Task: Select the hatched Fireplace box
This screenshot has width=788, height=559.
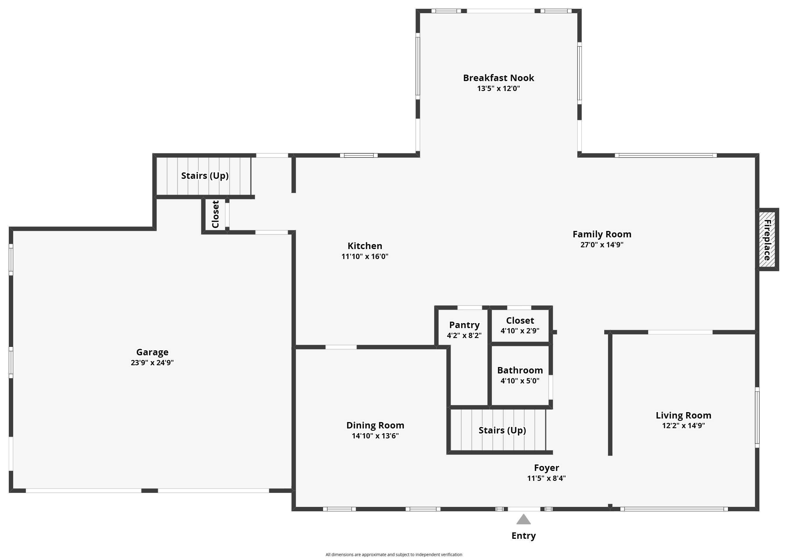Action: click(x=768, y=240)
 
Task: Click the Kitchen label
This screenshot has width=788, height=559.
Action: click(x=365, y=246)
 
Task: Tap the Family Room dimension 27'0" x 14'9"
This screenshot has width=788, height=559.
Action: click(x=602, y=245)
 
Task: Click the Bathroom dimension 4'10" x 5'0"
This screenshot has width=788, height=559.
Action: click(x=520, y=381)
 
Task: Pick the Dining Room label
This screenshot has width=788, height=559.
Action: click(x=375, y=426)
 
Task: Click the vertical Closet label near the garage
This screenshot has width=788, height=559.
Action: click(x=216, y=214)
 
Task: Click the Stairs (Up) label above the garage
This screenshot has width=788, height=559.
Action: click(x=205, y=176)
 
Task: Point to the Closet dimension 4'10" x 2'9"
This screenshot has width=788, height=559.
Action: click(x=520, y=331)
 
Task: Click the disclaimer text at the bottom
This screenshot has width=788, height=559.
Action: click(x=394, y=555)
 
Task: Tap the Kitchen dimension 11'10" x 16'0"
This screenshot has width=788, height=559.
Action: click(x=365, y=256)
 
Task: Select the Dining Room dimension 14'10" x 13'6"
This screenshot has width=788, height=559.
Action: click(x=375, y=436)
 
